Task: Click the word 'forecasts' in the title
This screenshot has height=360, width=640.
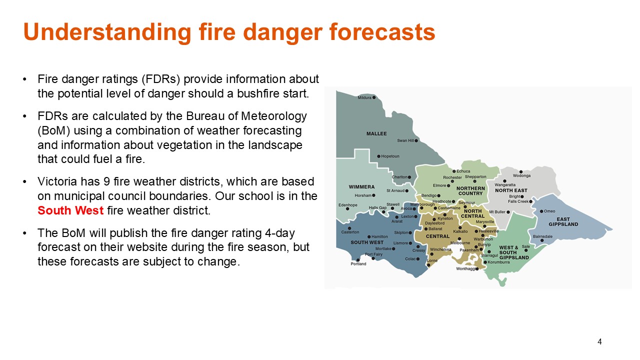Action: pyautogui.click(x=382, y=31)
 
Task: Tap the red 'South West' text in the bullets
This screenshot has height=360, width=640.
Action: pyautogui.click(x=70, y=210)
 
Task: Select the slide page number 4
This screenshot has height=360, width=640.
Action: pyautogui.click(x=599, y=341)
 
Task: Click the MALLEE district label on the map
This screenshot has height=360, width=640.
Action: pyautogui.click(x=376, y=133)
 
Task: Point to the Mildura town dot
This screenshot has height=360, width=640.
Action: pyautogui.click(x=374, y=97)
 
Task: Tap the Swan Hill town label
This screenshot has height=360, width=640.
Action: pyautogui.click(x=405, y=140)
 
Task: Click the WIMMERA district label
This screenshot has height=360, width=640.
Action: pyautogui.click(x=361, y=187)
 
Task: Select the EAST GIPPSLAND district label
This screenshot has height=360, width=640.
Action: pyautogui.click(x=563, y=221)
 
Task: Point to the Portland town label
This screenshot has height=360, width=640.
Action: pyautogui.click(x=358, y=263)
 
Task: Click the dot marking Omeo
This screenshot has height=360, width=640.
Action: pyautogui.click(x=541, y=211)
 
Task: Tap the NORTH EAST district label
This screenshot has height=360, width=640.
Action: pyautogui.click(x=511, y=190)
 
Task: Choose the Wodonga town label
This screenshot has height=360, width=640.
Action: pyautogui.click(x=521, y=175)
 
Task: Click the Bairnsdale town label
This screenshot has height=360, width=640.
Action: pyautogui.click(x=542, y=236)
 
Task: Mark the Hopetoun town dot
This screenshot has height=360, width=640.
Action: pyautogui.click(x=378, y=156)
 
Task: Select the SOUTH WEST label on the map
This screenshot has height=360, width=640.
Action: pyautogui.click(x=367, y=242)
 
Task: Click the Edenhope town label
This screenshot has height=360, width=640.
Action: pyautogui.click(x=347, y=205)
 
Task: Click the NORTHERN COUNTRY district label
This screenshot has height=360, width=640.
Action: pyautogui.click(x=470, y=191)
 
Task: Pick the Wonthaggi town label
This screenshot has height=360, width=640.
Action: pyautogui.click(x=465, y=269)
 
